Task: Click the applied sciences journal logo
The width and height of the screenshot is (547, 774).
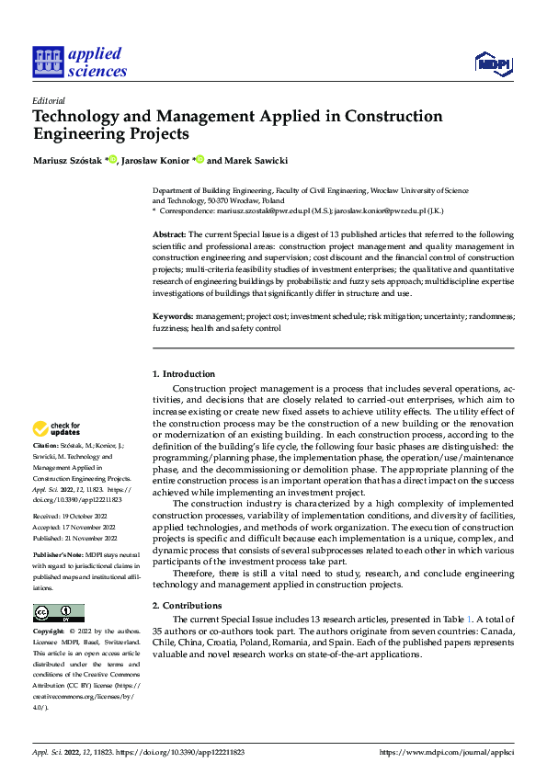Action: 80,62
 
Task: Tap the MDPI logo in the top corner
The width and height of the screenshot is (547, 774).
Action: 495,63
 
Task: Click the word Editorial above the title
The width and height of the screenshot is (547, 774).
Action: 49,101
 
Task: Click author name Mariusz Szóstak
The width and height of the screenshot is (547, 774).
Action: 68,161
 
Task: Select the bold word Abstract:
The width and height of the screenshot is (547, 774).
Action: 169,234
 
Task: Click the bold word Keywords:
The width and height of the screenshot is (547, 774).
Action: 172,316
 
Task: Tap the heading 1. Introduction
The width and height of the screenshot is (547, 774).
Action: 183,374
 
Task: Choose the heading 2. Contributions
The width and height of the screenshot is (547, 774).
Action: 187,605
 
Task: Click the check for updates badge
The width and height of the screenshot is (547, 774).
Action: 57,428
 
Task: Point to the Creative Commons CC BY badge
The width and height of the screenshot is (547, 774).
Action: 58,613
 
